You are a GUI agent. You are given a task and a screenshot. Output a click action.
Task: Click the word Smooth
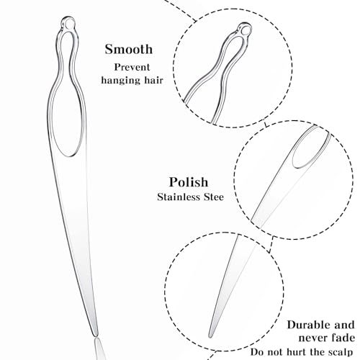[x=129, y=49]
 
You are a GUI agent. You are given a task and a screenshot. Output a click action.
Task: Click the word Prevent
[x=132, y=67]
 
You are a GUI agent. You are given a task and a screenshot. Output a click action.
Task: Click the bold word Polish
[x=189, y=182]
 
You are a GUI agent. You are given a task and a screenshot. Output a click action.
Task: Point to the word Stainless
[x=179, y=197]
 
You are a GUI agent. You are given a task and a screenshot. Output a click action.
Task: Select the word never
[x=312, y=338]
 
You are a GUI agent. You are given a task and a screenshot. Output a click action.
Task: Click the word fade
[x=341, y=338]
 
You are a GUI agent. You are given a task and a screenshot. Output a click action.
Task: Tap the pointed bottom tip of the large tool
[x=96, y=336]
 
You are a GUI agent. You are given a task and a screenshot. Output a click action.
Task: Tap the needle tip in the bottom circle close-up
[x=210, y=336]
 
